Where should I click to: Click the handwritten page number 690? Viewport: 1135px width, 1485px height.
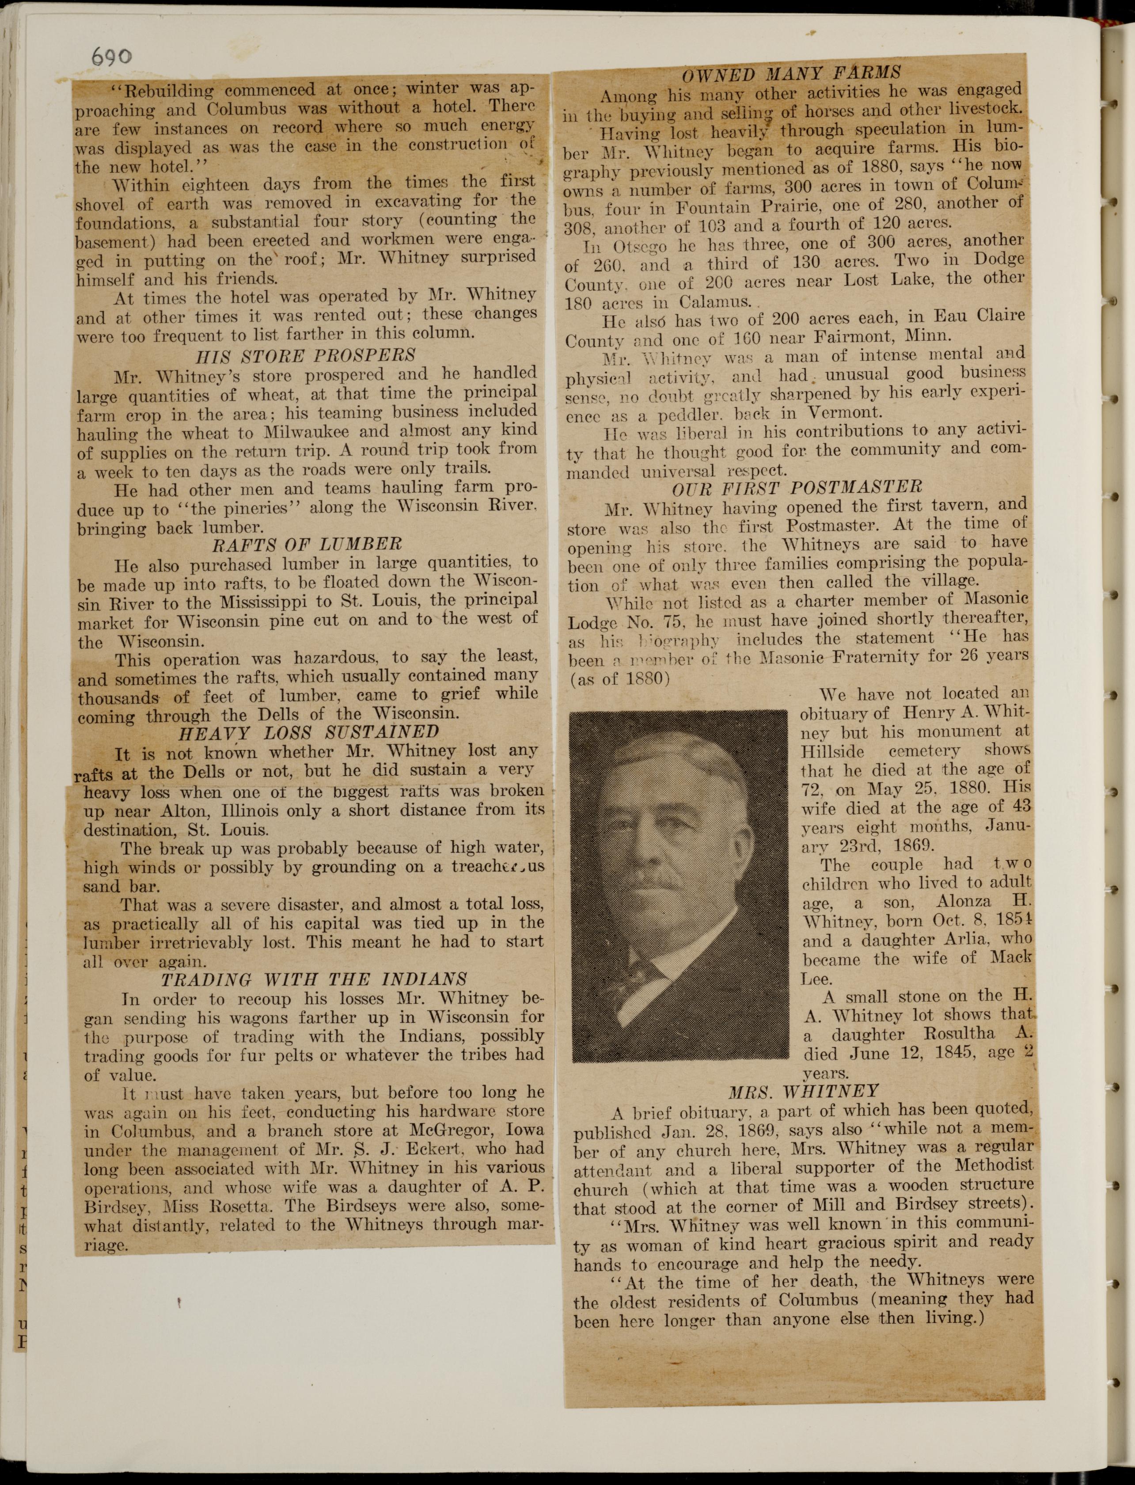tap(112, 57)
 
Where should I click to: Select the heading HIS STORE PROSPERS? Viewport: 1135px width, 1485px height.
tap(305, 355)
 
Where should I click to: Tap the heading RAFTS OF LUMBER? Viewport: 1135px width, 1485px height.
tap(307, 544)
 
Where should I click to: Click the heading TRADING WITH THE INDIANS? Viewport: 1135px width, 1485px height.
tap(314, 979)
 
